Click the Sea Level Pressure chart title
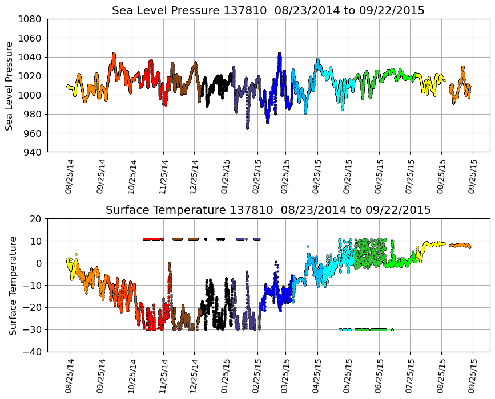[x=268, y=11]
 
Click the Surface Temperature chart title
[x=268, y=210]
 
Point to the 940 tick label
[x=32, y=152]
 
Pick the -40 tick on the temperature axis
[x=33, y=352]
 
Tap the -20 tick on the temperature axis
[x=33, y=308]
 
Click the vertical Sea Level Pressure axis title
[x=10, y=85]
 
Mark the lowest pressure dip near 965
[x=247, y=128]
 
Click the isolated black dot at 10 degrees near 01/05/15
[x=206, y=239]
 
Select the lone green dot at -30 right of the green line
[x=392, y=329]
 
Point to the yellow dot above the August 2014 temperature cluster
[x=76, y=254]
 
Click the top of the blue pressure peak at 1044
[x=279, y=54]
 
